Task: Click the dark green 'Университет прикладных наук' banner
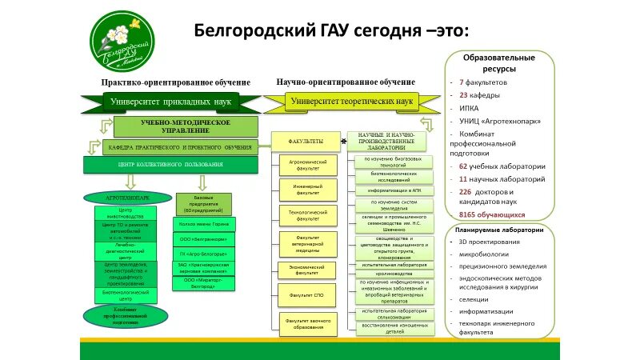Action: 172,103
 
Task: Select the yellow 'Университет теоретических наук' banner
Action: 351,102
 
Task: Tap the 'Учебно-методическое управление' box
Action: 186,126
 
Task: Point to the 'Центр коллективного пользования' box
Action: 170,164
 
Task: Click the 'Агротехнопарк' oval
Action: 129,197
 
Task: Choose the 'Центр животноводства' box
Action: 129,213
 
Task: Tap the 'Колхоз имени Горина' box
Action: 203,225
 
